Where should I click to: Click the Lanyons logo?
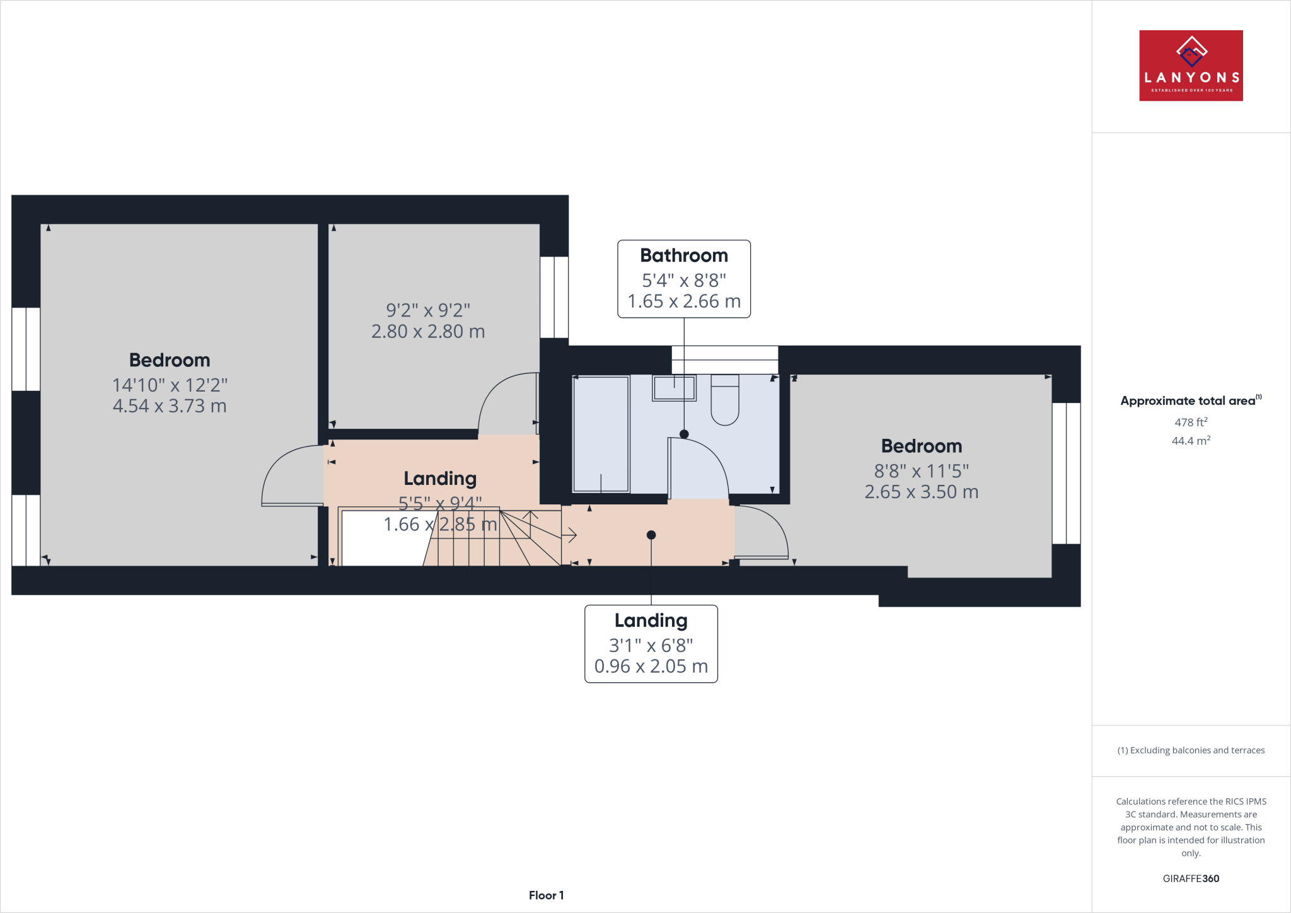[1191, 66]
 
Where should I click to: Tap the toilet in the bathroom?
[725, 400]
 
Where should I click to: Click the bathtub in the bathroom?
[601, 434]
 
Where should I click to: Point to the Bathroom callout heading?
[684, 255]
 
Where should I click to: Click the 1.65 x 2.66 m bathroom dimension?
[684, 301]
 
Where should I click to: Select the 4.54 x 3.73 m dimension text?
[170, 406]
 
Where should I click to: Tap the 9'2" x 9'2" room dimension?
[428, 310]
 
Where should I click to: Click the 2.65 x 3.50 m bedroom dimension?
[921, 492]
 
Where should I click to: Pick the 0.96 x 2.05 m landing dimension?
[651, 666]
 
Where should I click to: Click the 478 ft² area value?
[1191, 422]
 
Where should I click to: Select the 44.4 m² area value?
[1191, 441]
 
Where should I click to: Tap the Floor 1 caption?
[546, 895]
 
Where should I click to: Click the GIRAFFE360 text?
[1191, 878]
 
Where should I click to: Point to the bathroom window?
[725, 359]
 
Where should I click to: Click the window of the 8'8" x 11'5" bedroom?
[1066, 473]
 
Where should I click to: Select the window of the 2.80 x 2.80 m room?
[554, 296]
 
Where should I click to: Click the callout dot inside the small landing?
[651, 535]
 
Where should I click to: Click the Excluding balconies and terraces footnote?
[1191, 750]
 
